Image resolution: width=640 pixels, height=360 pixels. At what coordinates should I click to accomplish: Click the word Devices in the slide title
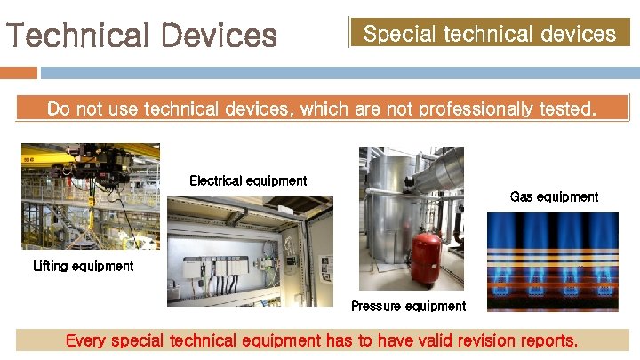click(219, 36)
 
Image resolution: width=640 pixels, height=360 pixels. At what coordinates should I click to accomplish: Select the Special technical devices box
click(490, 33)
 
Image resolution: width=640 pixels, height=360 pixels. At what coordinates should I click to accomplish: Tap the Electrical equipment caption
click(248, 180)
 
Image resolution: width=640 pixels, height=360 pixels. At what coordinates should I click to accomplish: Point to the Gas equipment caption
click(554, 196)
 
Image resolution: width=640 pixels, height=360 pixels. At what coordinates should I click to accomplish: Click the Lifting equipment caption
click(83, 266)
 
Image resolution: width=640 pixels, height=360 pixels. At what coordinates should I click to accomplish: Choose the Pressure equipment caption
click(408, 306)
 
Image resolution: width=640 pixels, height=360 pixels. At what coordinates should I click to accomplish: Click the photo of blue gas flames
click(552, 261)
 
